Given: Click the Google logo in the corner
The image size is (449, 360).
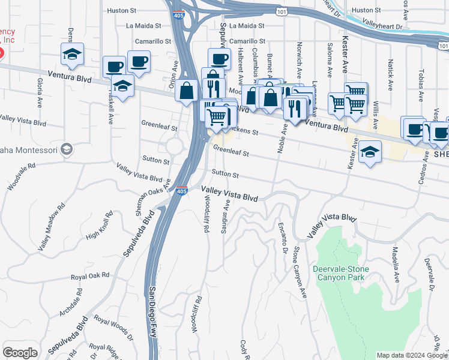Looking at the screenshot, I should click(20, 353).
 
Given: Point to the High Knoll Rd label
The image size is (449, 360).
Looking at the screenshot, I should click(100, 226).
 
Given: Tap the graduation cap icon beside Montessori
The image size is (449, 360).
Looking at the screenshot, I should click(67, 149).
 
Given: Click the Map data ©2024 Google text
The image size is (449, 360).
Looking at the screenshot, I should click(411, 355).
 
